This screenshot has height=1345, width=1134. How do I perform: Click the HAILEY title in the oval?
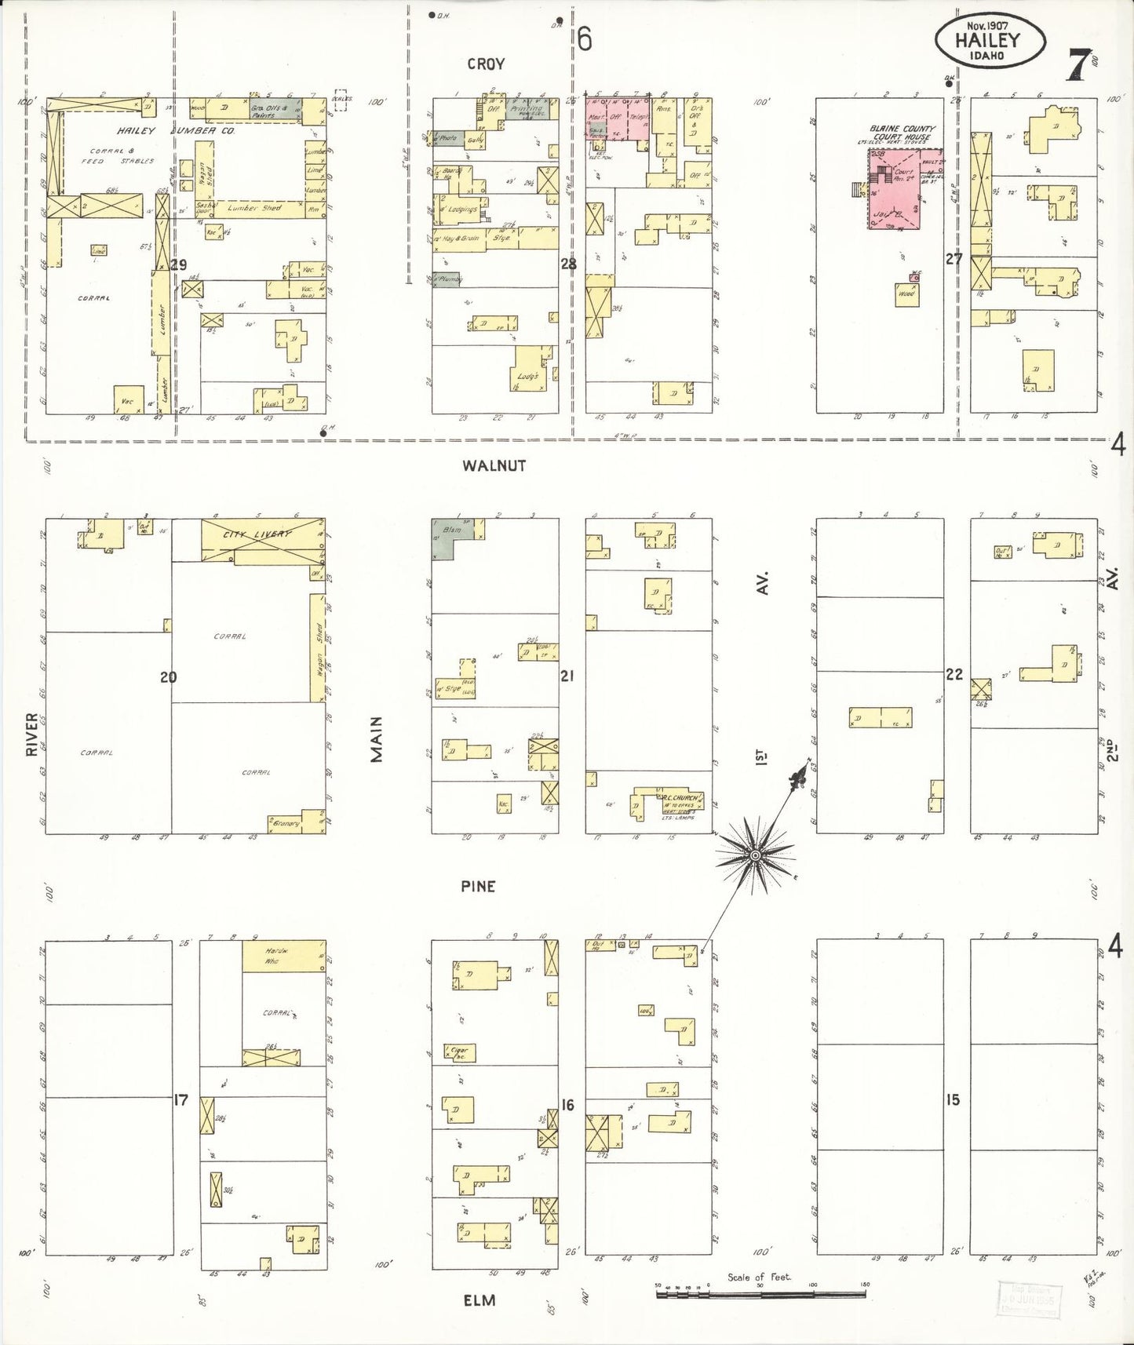click(989, 39)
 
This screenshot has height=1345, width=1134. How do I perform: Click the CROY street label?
click(486, 64)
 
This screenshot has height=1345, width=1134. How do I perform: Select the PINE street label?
click(478, 886)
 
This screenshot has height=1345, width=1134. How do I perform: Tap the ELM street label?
click(479, 1300)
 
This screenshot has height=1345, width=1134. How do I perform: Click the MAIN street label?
click(378, 738)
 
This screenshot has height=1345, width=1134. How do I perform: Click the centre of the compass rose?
click(754, 855)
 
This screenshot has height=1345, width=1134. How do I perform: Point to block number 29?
click(179, 265)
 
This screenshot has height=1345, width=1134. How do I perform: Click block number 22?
click(954, 673)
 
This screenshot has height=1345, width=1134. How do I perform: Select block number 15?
click(953, 1100)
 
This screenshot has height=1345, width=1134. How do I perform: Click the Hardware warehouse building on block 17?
click(283, 956)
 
